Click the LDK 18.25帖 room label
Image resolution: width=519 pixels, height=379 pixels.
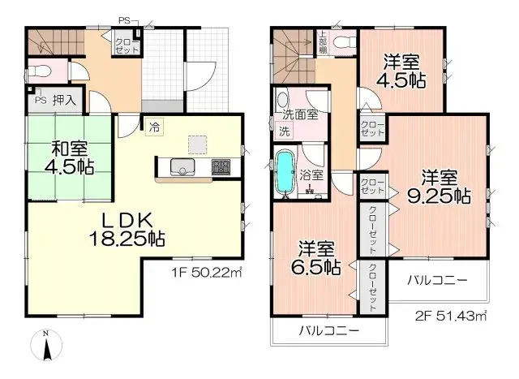133,228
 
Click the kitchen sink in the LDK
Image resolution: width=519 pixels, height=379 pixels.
182,169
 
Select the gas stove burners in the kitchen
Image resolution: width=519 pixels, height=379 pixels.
221,169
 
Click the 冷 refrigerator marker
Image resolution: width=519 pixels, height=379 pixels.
154,126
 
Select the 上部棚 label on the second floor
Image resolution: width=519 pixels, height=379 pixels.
322,42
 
